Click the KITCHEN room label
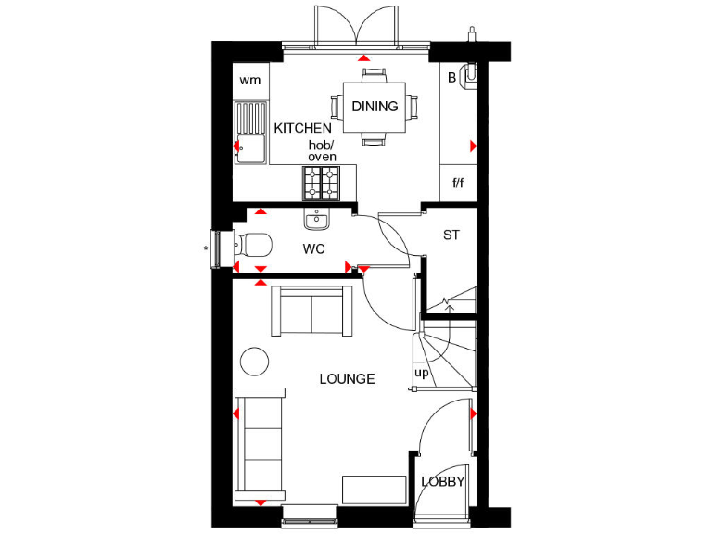pos(302,128)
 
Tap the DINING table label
pos(375,107)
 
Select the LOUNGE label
pos(347,379)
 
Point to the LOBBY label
pos(442,482)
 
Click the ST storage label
pos(451,235)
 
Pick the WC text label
pos(313,249)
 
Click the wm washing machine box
pos(250,80)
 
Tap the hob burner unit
pos(322,184)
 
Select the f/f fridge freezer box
pos(458,184)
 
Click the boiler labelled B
pos(452,78)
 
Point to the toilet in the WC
pos(250,246)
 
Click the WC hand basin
pos(317,219)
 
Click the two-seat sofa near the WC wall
pos(311,311)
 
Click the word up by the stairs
pos(422,373)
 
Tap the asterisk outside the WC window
pos(206,248)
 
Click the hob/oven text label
pos(322,151)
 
